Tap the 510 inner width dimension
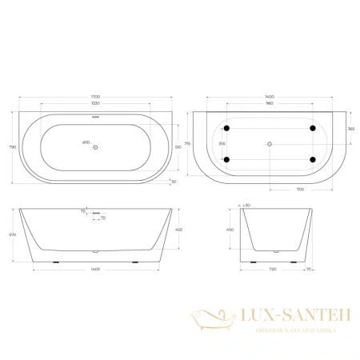click(177, 146)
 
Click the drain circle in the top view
click(95, 146)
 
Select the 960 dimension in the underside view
click(270, 105)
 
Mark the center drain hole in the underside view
click(270, 145)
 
